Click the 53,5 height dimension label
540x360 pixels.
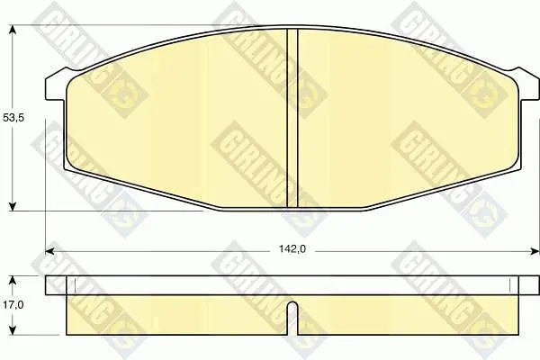(13, 118)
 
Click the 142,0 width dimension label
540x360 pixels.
(292, 249)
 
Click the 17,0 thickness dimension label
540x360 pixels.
(13, 304)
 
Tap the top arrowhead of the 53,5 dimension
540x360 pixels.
(13, 31)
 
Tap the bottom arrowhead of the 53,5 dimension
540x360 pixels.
(13, 205)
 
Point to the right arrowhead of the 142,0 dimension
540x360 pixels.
(534, 251)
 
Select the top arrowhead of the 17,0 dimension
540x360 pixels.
(13, 281)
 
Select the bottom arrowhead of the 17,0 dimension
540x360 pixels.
(13, 329)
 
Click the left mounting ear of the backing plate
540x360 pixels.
(55, 85)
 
